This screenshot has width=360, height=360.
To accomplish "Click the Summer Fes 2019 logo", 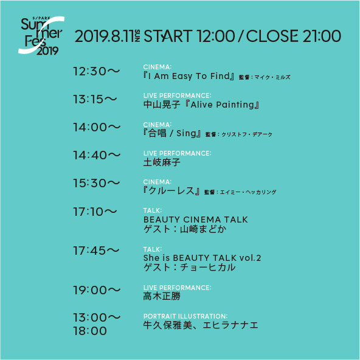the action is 41,36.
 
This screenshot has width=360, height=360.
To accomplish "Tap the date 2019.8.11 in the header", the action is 104,36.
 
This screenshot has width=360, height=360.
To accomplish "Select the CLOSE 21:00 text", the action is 294,36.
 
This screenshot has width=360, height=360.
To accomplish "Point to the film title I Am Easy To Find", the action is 189,76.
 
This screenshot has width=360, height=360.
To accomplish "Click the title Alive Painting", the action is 222,105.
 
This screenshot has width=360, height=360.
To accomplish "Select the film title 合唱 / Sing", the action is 172,133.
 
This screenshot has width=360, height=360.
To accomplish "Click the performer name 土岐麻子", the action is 162,162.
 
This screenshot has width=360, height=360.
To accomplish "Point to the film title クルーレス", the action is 171,191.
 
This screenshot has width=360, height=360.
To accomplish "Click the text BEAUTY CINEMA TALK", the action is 196,220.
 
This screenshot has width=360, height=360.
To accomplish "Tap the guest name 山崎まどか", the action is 203,229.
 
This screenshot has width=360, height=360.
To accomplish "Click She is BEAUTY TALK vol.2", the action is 202,258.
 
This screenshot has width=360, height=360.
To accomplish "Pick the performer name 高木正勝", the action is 162,296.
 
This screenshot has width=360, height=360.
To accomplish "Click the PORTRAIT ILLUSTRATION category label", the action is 185,316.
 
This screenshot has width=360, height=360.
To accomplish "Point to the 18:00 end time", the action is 90,331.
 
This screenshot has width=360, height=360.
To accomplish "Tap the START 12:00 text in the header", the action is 189,36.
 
